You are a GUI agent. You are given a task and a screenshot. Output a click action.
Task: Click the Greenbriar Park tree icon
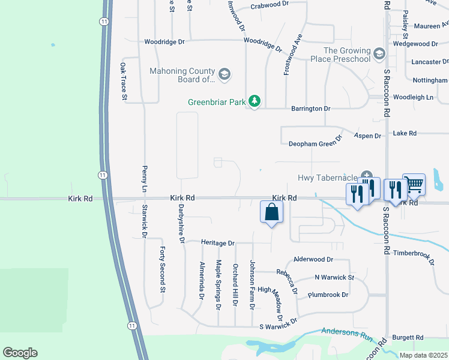click(255, 101)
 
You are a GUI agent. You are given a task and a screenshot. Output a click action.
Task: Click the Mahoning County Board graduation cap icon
click(224, 74)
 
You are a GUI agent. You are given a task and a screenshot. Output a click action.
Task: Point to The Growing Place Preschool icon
click(379, 55)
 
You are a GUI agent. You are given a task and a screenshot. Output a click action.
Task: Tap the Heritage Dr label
click(218, 243)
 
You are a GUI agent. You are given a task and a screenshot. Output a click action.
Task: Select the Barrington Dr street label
click(311, 109)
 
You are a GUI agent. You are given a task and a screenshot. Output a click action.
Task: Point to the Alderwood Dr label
click(313, 260)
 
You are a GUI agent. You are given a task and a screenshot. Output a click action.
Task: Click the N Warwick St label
click(334, 278)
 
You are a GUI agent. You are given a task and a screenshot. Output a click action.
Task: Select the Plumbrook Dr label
click(328, 295)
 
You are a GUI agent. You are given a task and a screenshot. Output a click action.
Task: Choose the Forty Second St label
click(162, 270)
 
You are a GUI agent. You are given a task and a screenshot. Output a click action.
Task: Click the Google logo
click(20, 353)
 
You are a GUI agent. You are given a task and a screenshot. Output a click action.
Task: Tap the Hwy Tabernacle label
click(327, 178)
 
